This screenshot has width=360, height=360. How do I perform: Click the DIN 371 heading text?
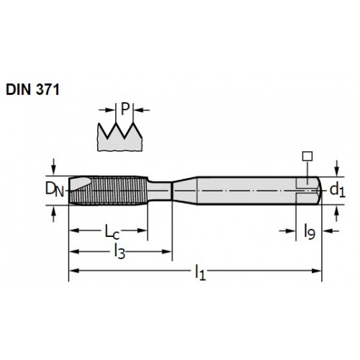32,89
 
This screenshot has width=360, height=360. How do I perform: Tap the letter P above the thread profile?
125,109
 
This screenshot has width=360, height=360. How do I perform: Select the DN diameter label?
55,189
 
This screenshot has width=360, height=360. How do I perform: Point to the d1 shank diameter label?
337,190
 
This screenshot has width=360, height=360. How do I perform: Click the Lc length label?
112,231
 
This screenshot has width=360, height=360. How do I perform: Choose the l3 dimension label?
120,251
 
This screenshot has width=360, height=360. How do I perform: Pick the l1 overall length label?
200,272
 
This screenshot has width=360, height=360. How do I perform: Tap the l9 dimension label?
310,231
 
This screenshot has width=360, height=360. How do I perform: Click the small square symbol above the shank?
307,156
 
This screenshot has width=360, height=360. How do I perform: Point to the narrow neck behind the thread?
160,191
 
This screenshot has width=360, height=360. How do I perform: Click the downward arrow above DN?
54,166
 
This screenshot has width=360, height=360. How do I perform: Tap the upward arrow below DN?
54,215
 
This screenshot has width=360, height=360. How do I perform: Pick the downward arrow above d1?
337,168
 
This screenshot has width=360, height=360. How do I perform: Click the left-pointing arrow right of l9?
331,231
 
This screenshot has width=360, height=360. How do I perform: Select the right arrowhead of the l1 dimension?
316,271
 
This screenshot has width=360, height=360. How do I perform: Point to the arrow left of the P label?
107,110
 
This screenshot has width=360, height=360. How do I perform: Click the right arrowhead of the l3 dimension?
167,251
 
